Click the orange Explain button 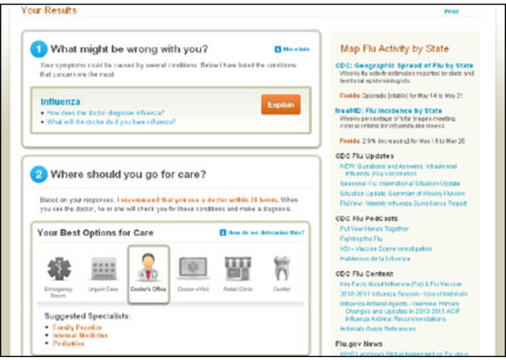pyautogui.click(x=280, y=106)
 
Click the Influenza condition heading pyautogui.click(x=60, y=102)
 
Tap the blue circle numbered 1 pyautogui.click(x=39, y=50)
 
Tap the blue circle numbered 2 pyautogui.click(x=39, y=175)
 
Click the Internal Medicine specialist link pyautogui.click(x=79, y=335)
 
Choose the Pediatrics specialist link pyautogui.click(x=70, y=343)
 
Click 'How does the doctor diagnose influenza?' pyautogui.click(x=105, y=113)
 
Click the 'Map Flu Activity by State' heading pyautogui.click(x=394, y=49)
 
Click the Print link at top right pyautogui.click(x=451, y=12)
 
